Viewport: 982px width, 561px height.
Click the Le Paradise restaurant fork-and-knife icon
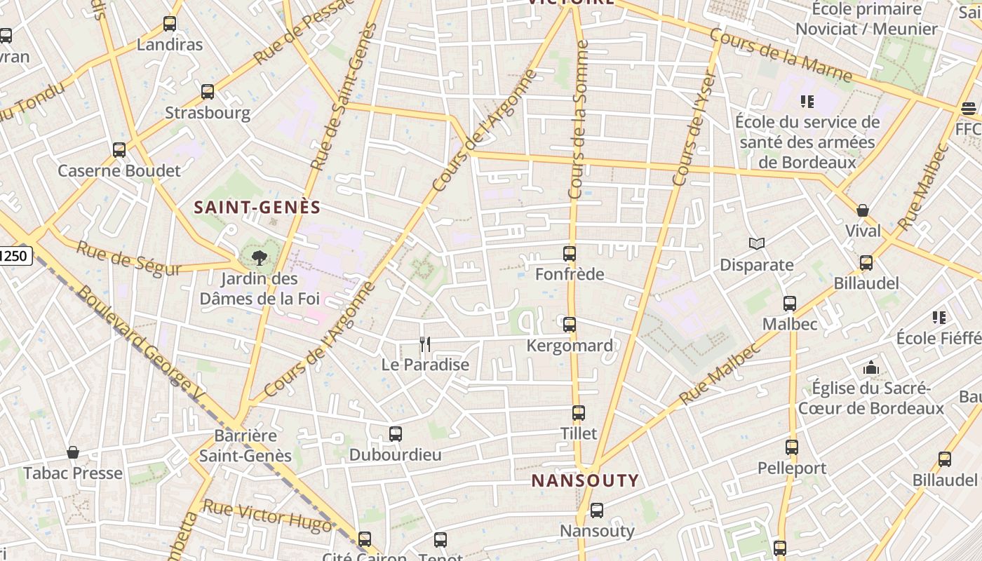pyautogui.click(x=424, y=344)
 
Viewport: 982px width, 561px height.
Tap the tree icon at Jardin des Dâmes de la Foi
pyautogui.click(x=259, y=258)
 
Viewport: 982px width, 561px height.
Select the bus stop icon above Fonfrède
pyautogui.click(x=570, y=254)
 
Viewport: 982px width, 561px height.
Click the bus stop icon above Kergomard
pyautogui.click(x=570, y=325)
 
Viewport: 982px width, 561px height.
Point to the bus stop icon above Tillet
pyautogui.click(x=579, y=413)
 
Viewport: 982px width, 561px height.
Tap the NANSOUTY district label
pyautogui.click(x=585, y=481)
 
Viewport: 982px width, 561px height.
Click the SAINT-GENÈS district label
pyautogui.click(x=257, y=208)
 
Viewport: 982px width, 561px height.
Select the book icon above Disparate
pyautogui.click(x=756, y=244)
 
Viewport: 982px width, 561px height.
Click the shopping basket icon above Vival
pyautogui.click(x=863, y=210)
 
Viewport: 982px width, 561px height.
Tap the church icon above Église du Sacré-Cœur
pyautogui.click(x=871, y=367)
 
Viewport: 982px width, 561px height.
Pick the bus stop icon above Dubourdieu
pyautogui.click(x=396, y=434)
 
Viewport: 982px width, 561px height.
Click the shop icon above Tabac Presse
pyautogui.click(x=73, y=453)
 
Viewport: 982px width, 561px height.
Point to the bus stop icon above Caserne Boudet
pyautogui.click(x=119, y=149)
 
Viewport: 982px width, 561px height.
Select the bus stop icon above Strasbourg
pyautogui.click(x=208, y=92)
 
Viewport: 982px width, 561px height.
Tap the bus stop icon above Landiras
pyautogui.click(x=170, y=24)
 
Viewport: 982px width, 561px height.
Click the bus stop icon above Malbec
pyautogui.click(x=790, y=304)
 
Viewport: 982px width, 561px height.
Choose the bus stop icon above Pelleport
pyautogui.click(x=792, y=447)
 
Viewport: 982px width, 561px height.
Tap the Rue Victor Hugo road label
pyautogui.click(x=267, y=516)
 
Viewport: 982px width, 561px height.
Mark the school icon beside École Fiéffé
pyautogui.click(x=939, y=318)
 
